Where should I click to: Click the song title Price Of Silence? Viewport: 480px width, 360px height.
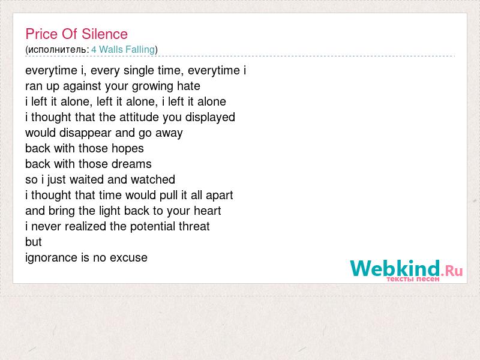point(77,34)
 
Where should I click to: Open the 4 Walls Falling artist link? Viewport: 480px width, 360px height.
point(123,50)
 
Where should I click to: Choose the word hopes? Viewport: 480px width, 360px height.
point(127,149)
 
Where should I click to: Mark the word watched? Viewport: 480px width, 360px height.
point(153,179)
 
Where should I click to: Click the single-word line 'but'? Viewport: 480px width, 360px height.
point(34,242)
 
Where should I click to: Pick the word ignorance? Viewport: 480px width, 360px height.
point(52,258)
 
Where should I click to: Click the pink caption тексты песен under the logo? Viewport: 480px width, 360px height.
point(413,279)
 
